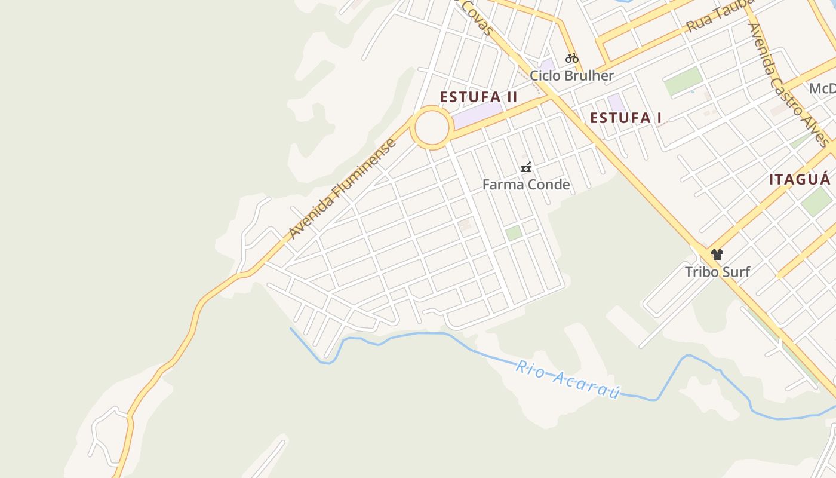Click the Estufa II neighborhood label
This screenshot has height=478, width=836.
coord(478,97)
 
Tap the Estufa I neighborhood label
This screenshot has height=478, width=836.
coord(625,118)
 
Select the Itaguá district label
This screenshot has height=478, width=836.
coord(799,179)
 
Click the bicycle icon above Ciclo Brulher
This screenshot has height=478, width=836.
coord(571,58)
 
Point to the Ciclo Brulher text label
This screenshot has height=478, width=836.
coord(571,76)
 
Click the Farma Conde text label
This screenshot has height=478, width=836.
coord(525,185)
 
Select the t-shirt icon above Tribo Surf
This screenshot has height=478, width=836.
coord(717,255)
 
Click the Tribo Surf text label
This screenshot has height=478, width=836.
coord(717,272)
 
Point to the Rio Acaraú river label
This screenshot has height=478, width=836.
coord(567,379)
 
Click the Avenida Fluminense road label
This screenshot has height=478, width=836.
coord(342,189)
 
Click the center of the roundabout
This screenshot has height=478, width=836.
coord(432,127)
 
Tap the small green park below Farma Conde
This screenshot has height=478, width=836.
coord(514,233)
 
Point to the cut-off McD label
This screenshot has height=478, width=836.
coord(822,89)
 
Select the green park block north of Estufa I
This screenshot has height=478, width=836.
coord(683,81)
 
